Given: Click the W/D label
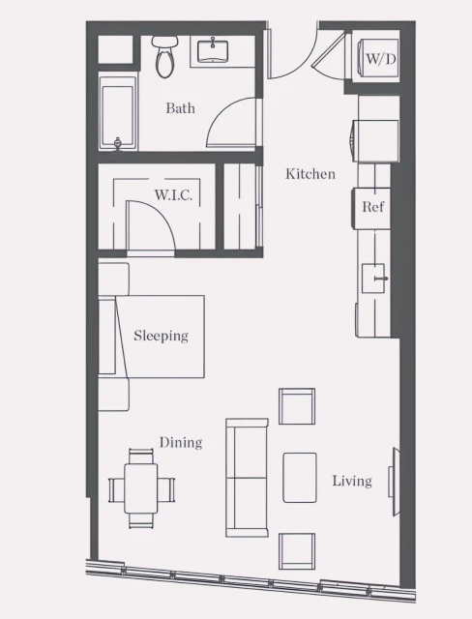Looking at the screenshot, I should click(x=380, y=59).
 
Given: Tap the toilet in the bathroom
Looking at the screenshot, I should click(x=164, y=57).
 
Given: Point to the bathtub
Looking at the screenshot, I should click(x=118, y=117).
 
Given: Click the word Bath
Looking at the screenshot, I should click(x=180, y=108).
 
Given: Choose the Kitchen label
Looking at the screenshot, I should click(x=310, y=174).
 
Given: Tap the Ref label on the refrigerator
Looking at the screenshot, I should click(x=373, y=207).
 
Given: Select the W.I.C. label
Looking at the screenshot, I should click(x=173, y=195).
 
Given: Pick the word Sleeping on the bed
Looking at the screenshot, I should click(x=161, y=337).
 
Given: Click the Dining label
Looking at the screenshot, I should click(x=181, y=443).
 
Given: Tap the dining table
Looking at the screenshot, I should click(x=142, y=488).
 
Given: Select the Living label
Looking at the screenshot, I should click(x=352, y=481).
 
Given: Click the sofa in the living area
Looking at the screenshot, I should click(x=247, y=477).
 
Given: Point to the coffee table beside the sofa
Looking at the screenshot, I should click(x=300, y=477).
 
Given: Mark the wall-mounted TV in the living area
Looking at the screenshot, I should click(x=394, y=474).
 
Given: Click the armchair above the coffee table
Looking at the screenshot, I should click(x=297, y=406).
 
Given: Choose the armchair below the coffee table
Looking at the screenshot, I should click(x=297, y=550).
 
